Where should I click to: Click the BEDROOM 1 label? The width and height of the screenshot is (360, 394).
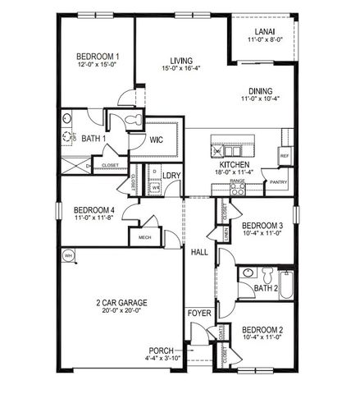click(98, 56)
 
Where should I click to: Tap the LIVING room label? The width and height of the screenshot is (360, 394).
click(181, 60)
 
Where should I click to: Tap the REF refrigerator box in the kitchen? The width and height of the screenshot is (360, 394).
click(285, 155)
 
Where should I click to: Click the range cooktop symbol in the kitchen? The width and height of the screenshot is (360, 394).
click(238, 188)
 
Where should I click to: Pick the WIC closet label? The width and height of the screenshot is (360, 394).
click(157, 140)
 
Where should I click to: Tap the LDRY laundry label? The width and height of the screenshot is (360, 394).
click(171, 175)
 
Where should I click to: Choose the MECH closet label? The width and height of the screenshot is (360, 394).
click(144, 237)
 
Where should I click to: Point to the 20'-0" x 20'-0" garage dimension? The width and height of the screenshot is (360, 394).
click(121, 310)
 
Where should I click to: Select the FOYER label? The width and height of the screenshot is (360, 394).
click(199, 314)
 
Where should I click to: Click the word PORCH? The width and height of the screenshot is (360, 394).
click(161, 350)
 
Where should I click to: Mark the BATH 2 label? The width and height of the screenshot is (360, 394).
click(266, 288)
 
